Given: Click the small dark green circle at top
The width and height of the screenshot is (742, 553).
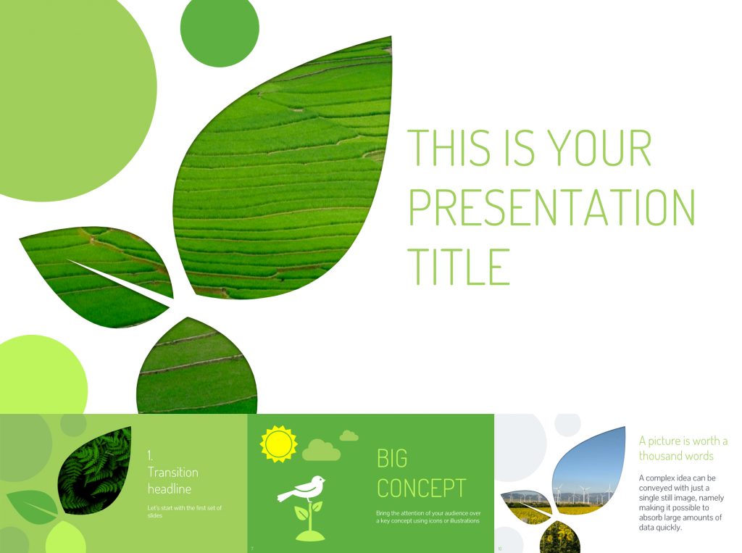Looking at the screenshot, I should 219,28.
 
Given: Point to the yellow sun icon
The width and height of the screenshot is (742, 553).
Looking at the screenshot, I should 279,444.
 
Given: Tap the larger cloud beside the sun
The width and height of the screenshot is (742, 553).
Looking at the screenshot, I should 321,450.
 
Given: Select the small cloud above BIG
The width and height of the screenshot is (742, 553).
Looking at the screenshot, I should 349,436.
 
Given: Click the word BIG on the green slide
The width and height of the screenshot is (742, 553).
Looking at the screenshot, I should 392,458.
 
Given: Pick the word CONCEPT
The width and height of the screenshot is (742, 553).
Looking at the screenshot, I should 421,488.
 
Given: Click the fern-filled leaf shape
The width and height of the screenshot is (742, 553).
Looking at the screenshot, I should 96,470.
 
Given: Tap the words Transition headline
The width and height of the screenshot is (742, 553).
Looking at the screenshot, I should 172,481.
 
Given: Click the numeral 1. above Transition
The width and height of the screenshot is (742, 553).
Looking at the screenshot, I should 151,455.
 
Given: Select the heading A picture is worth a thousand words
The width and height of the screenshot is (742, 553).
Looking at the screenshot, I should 683,448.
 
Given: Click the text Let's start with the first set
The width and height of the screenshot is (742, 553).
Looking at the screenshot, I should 184,511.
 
